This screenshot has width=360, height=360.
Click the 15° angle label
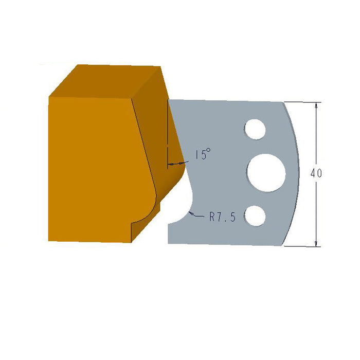[x=203, y=155]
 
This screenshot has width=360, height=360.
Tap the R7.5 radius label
[x=222, y=218]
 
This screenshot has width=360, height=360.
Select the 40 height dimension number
[x=316, y=174]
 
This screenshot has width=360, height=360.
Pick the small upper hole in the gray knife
[x=255, y=129]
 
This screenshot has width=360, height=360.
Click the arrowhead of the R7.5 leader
[x=190, y=211]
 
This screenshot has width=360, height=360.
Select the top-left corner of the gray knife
[x=169, y=100]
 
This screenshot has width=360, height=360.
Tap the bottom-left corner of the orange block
[x=49, y=240]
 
